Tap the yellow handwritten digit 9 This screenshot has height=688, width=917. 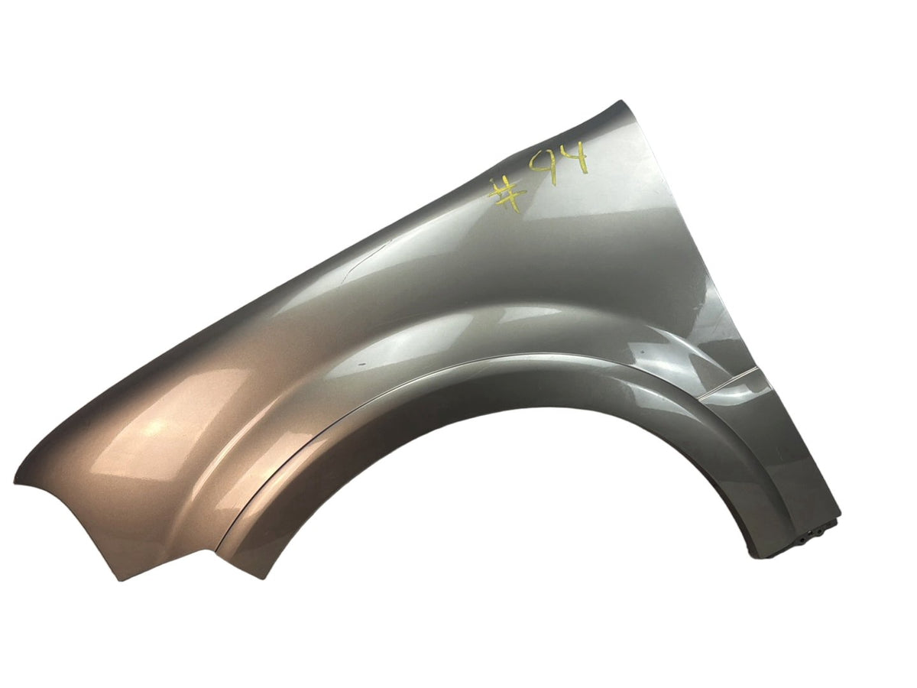(x=543, y=168)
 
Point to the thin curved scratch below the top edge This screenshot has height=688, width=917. (x=365, y=262)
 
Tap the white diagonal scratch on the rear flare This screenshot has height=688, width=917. (x=729, y=383)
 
